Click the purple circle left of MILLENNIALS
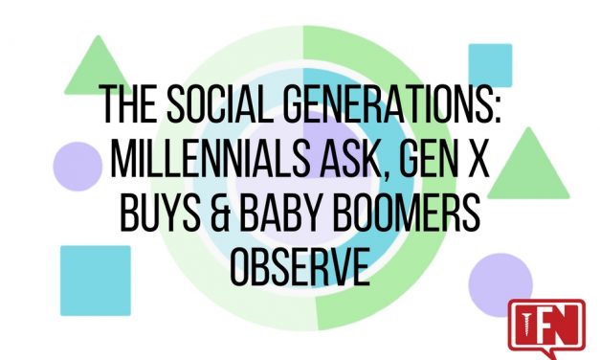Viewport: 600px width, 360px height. pos(77,164)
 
